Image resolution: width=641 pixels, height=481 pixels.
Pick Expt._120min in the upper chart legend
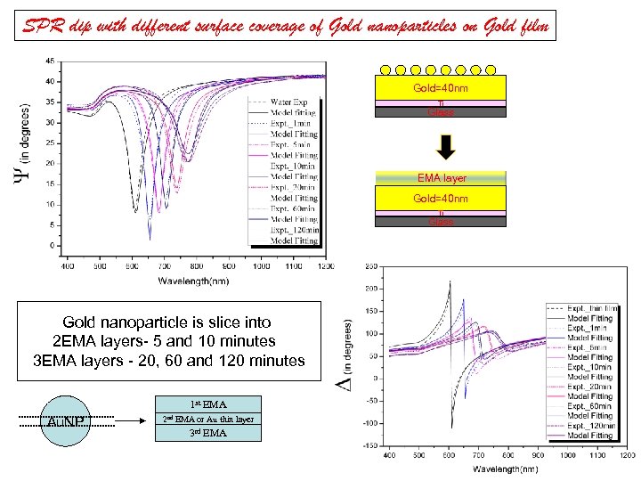293,231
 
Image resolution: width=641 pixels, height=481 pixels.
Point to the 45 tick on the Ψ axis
50,61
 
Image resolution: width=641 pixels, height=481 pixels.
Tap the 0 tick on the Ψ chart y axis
53,245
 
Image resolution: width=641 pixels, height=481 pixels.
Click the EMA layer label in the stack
440,178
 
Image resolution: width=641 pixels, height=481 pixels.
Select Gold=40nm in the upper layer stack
440,89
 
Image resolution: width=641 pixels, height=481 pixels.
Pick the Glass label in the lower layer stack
440,222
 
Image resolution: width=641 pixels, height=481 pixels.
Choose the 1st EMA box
208,404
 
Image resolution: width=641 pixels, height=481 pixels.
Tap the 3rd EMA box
208,433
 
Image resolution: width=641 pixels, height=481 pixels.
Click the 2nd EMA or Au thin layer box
208,419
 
